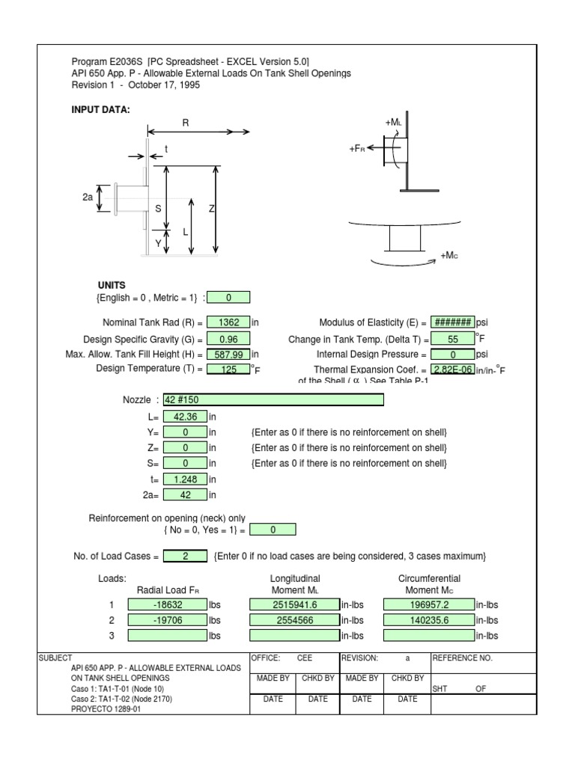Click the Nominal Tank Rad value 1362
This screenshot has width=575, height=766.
(x=228, y=323)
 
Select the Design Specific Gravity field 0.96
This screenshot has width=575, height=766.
(x=228, y=339)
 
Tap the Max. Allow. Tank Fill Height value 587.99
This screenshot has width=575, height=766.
(x=228, y=354)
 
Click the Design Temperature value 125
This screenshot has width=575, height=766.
(x=228, y=369)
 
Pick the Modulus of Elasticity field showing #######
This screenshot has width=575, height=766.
(x=452, y=323)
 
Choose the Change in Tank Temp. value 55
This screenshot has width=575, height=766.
(x=452, y=339)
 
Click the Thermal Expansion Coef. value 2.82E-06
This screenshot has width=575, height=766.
(x=452, y=369)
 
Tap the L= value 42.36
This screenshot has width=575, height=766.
(x=184, y=416)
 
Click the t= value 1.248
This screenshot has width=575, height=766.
(x=184, y=479)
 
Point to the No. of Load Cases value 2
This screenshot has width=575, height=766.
(x=186, y=556)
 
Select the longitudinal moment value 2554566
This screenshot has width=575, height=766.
(x=294, y=620)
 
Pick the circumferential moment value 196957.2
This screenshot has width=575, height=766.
(x=428, y=604)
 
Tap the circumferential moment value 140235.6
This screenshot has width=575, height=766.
(x=428, y=620)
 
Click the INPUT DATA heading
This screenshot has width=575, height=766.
(x=100, y=110)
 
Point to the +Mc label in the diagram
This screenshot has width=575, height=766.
(x=448, y=256)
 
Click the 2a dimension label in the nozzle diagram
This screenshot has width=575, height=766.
(x=88, y=198)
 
